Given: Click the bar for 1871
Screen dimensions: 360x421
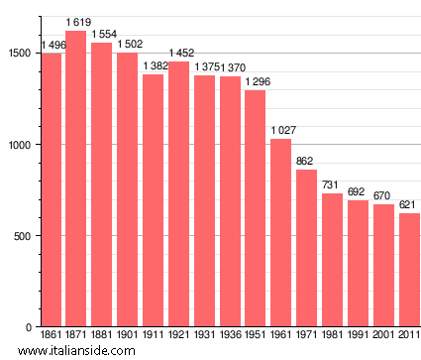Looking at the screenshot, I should tap(76, 179).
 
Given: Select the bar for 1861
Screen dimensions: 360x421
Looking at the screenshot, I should tap(51, 189).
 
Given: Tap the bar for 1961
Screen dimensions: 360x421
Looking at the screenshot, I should tap(281, 233).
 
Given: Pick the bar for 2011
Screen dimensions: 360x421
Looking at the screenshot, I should tap(409, 270).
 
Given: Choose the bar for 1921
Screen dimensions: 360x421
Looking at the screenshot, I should tap(178, 194).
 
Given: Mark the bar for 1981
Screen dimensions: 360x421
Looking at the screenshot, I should tap(333, 260).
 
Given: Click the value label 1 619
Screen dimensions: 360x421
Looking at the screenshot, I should tap(76, 22).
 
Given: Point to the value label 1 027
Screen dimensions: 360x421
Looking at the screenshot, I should tap(281, 131).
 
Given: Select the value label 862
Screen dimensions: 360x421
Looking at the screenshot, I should tap(307, 162).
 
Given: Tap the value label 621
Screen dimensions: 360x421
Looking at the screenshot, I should tap(409, 205).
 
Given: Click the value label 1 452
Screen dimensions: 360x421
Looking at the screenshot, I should tap(178, 53).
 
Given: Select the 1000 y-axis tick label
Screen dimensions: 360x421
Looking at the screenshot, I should tap(22, 145).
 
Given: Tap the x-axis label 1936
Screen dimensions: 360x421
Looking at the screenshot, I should tap(230, 336).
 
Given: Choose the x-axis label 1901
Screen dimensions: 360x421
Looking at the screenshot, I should tap(128, 336).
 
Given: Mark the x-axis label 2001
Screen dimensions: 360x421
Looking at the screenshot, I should tap(383, 336).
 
